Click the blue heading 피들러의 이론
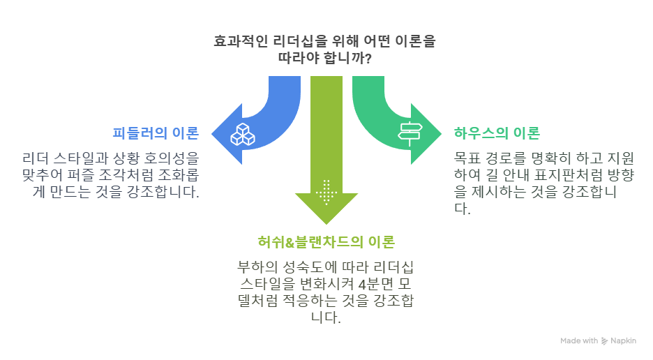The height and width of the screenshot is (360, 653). [156, 133]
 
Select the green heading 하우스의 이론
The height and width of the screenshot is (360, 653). [497, 133]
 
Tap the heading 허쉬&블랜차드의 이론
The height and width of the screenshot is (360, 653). [326, 242]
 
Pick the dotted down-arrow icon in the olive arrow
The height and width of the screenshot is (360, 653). [326, 191]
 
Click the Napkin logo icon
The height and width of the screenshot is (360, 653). [604, 341]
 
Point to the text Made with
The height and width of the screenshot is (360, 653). [579, 341]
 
